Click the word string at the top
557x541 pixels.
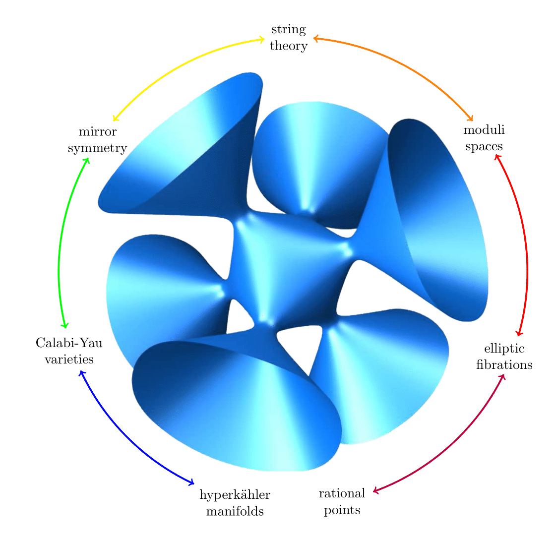pos(288,30)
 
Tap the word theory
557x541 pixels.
pos(288,46)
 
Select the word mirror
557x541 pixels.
pos(98,132)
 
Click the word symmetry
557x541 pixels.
pos(98,148)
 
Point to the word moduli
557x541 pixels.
pos(484,130)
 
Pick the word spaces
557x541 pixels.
pos(484,147)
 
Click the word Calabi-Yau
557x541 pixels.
pos(69,343)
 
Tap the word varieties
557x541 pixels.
pos(69,360)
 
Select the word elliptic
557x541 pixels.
pos(504,349)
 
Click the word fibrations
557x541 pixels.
pos(504,365)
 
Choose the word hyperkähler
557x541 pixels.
pos(235,494)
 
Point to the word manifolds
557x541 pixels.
pos(235,511)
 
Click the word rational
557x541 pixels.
pos(342,493)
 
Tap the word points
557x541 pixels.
pos(342,510)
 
